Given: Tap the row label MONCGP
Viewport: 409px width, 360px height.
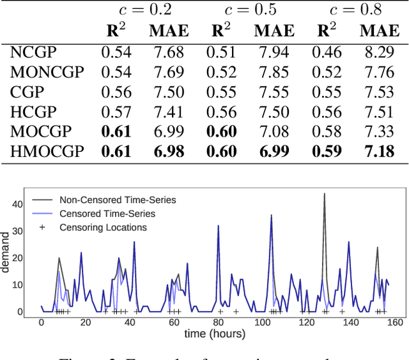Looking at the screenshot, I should [x=47, y=72].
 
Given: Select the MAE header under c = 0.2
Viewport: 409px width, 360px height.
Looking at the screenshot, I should [x=169, y=31].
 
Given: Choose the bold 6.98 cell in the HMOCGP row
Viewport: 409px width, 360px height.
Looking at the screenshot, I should [x=169, y=151].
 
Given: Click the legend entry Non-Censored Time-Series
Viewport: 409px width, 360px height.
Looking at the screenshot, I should [x=117, y=200].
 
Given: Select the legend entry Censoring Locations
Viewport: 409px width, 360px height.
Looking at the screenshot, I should [x=103, y=227].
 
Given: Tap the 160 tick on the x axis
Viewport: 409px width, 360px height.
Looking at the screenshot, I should [x=396, y=322].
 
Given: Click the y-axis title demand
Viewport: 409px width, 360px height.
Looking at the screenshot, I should [x=6, y=253].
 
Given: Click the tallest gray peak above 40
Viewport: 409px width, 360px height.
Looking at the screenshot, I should [x=325, y=193].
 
